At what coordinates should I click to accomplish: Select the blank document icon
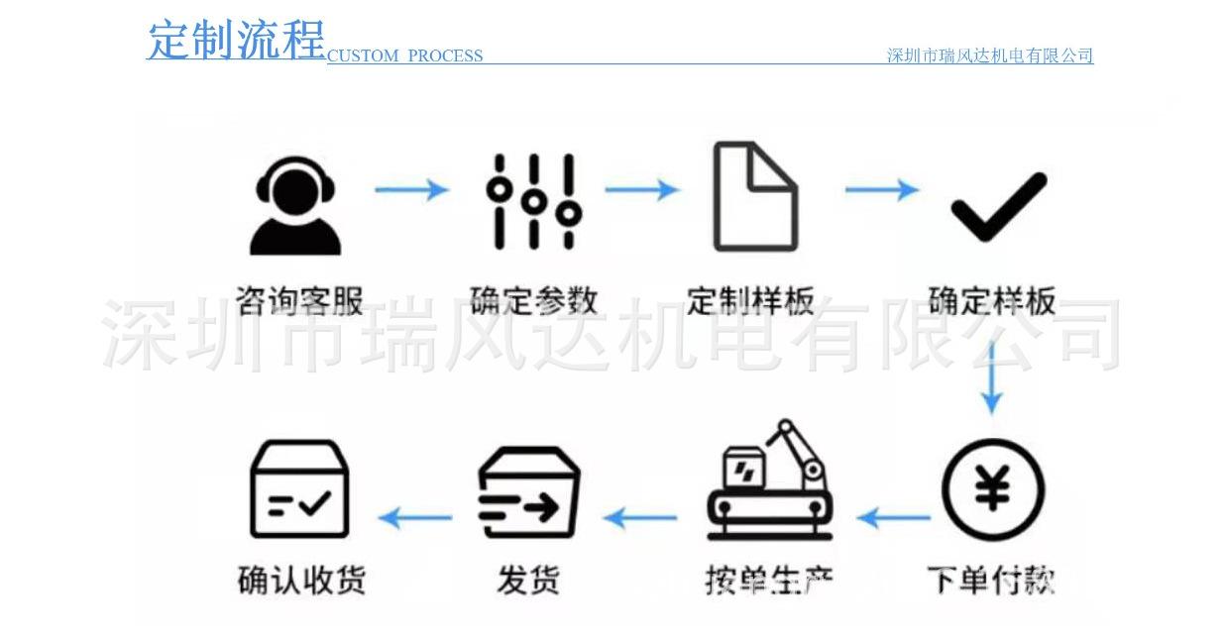[755, 197]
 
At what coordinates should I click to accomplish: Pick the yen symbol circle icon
[992, 489]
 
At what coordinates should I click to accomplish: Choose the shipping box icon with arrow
[528, 491]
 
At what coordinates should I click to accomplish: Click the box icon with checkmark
[298, 489]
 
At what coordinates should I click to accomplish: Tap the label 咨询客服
[299, 299]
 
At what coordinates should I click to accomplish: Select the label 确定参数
[533, 299]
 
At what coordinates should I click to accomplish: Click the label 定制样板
[750, 299]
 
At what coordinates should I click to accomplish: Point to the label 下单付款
[990, 578]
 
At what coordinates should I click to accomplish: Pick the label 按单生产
[768, 578]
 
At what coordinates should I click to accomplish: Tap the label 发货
[528, 578]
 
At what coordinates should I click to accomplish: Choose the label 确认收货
[301, 578]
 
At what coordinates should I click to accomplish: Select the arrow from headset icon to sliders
[411, 188]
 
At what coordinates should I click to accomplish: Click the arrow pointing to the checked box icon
[415, 516]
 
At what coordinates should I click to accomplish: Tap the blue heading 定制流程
[236, 41]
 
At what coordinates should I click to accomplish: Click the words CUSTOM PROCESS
[404, 56]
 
